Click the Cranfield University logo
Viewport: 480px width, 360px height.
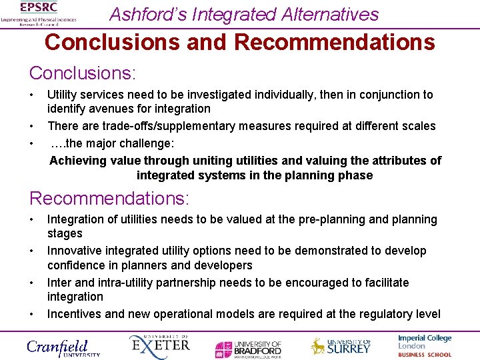point(63,347)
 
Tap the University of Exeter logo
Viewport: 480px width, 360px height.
point(159,346)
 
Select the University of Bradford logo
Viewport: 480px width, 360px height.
point(248,349)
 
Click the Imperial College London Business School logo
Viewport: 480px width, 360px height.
point(425,346)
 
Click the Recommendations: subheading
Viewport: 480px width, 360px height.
point(109,198)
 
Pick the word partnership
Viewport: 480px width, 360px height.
point(188,283)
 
